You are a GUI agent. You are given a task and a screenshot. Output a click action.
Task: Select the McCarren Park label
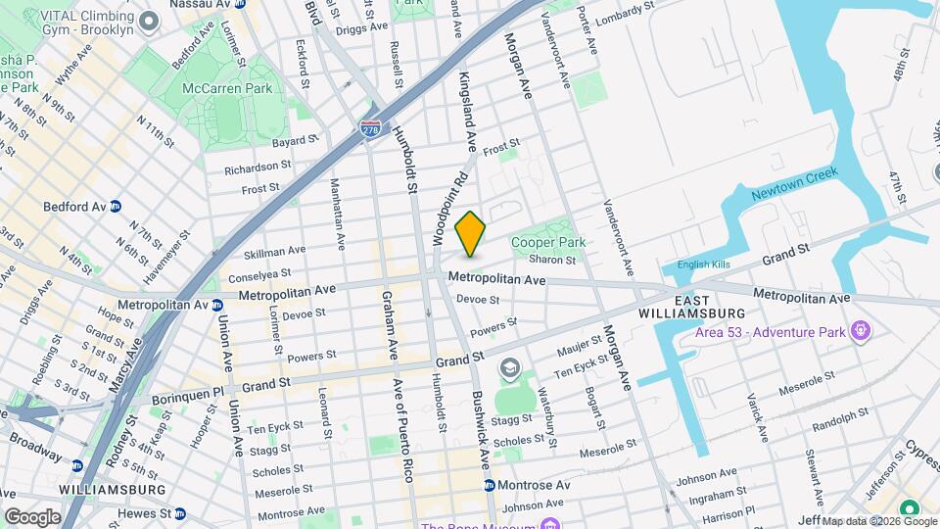[x=232, y=88]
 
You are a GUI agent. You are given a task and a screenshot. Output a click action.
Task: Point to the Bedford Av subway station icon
[x=115, y=207]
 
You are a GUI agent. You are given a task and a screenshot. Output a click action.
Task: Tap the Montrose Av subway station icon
[x=489, y=485]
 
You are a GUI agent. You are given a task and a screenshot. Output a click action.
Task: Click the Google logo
[x=32, y=516]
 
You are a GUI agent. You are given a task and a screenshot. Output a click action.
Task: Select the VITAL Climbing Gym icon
[x=149, y=21]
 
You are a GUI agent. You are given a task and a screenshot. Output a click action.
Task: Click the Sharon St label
[x=552, y=260]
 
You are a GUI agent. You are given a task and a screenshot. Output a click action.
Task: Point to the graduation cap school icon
[x=508, y=369]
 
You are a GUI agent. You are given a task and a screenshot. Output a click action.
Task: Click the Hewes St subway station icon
[x=181, y=512]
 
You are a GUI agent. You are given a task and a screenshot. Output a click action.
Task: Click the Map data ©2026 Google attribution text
[x=877, y=520]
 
